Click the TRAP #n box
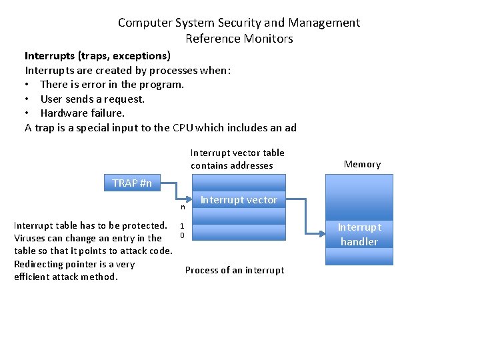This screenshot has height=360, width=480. (x=132, y=183)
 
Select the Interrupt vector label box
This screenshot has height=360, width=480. (x=238, y=199)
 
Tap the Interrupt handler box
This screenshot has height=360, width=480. (x=359, y=234)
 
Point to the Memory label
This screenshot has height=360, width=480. (x=362, y=164)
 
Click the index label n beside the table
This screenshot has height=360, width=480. (x=183, y=209)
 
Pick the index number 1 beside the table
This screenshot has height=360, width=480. (x=182, y=226)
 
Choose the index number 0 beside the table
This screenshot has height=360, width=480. (x=182, y=235)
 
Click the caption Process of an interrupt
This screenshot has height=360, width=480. (x=234, y=270)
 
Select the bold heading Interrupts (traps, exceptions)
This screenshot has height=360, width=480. (x=97, y=55)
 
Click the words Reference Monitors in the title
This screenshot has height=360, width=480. (x=239, y=39)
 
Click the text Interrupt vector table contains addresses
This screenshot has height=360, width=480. (x=237, y=159)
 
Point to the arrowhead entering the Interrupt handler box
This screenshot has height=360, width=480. (x=323, y=233)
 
